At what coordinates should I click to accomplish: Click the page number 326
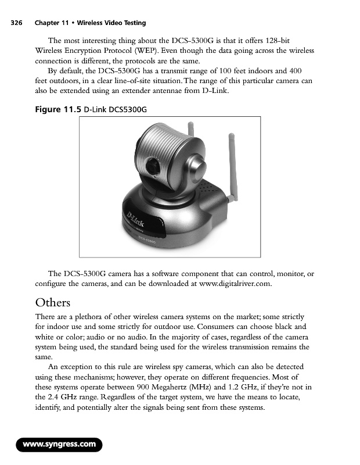(16, 23)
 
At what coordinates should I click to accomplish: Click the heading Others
(52, 303)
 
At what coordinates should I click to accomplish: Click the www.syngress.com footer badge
(59, 445)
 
